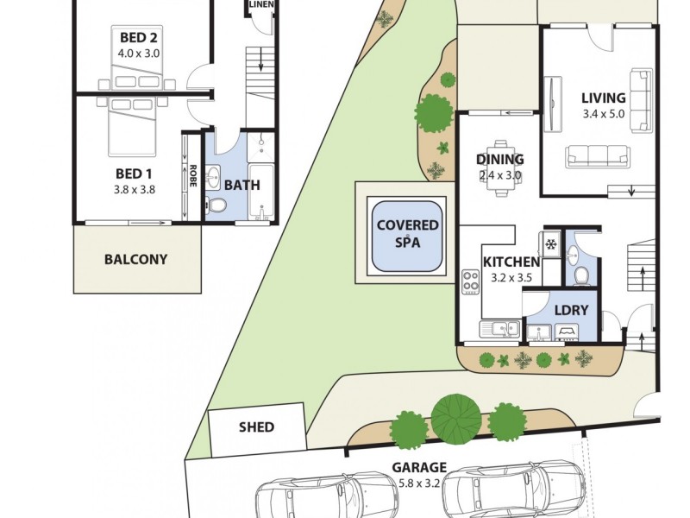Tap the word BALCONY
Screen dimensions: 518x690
coord(135,259)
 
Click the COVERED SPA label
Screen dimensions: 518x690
coord(407,234)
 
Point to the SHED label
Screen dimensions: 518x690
coord(256,427)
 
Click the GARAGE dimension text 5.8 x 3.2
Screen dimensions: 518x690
coord(420,483)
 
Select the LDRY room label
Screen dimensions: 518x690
coord(571,310)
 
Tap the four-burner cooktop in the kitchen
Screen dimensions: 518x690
coord(471,282)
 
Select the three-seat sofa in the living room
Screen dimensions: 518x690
coord(597,156)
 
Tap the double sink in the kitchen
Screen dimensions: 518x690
coord(499,328)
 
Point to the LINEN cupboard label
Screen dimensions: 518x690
coord(260,5)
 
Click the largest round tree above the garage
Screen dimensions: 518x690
coord(456,416)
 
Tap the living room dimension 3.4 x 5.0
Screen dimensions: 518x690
coord(603,113)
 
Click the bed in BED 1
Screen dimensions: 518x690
coord(132,125)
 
